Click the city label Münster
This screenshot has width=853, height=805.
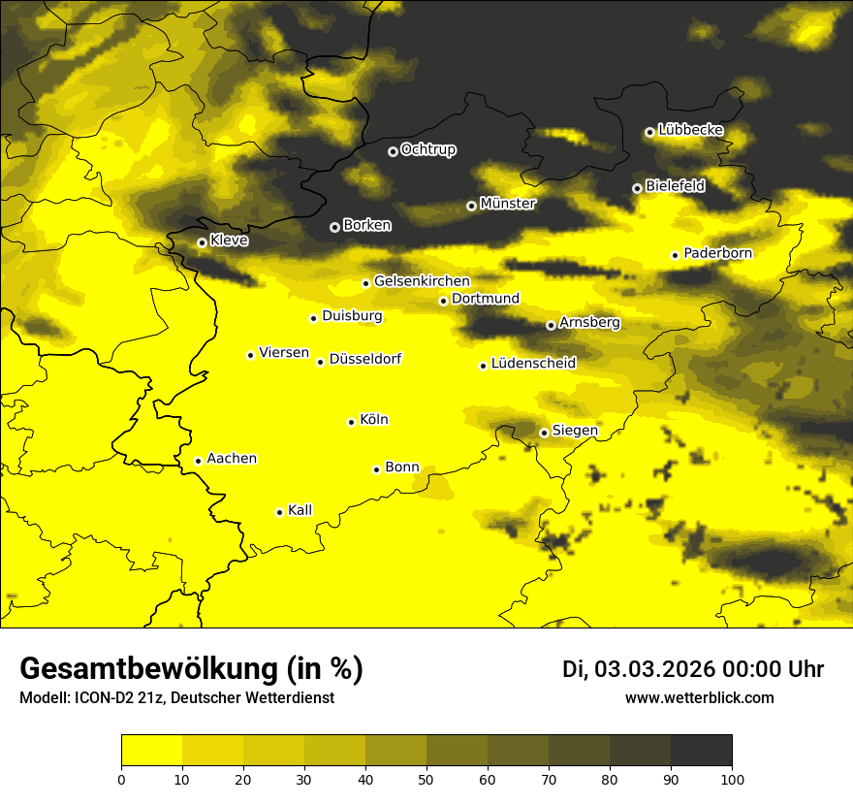click(508, 204)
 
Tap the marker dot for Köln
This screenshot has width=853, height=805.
click(351, 422)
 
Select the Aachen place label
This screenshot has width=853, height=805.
click(232, 459)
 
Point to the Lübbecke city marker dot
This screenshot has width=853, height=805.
click(649, 132)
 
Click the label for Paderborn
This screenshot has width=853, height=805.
click(718, 253)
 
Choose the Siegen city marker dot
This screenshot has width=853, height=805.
click(544, 433)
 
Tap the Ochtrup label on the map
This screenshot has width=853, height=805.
click(428, 149)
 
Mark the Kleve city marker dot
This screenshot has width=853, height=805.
click(202, 242)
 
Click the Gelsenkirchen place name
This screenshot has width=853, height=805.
click(422, 281)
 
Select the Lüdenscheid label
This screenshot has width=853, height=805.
click(533, 364)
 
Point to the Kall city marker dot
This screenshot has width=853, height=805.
click(279, 512)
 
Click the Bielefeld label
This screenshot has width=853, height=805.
click(676, 186)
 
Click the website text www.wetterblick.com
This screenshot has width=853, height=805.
click(699, 697)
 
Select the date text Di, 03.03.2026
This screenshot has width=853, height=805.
click(637, 669)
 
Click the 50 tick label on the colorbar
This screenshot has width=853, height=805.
click(426, 778)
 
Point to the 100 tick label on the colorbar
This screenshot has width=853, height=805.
click(732, 778)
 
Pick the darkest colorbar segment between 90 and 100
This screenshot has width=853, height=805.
click(701, 750)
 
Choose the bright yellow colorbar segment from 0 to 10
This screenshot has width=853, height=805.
click(151, 750)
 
